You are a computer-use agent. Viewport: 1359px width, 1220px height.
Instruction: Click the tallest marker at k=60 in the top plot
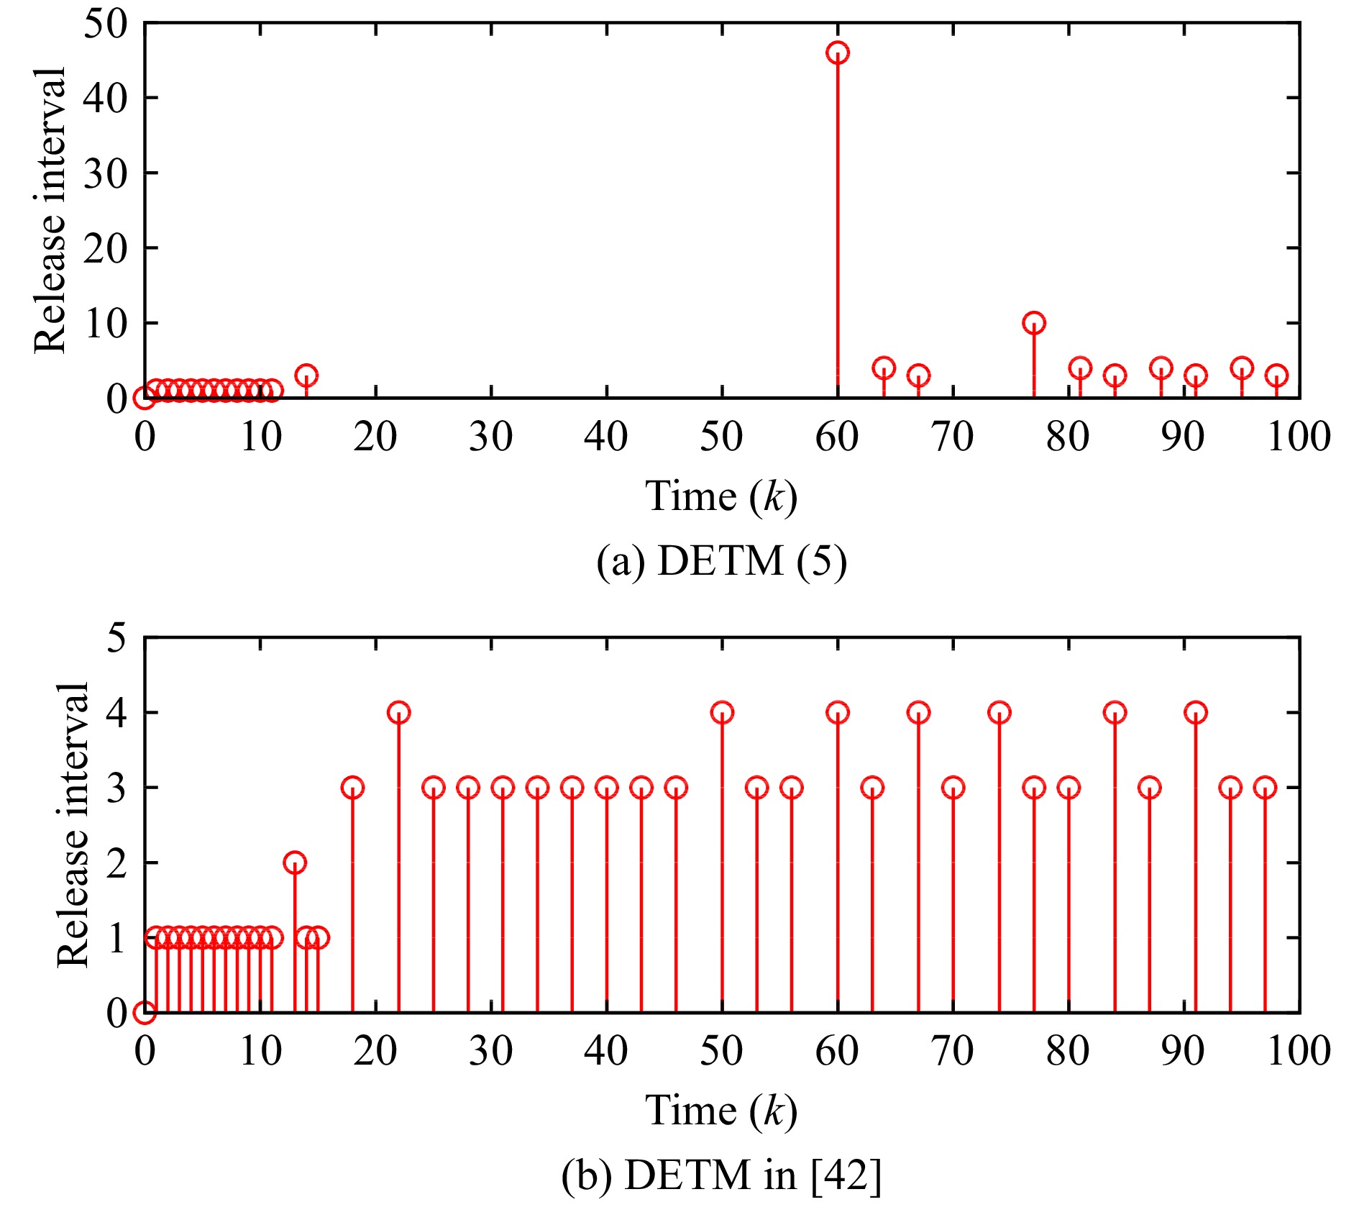(x=838, y=53)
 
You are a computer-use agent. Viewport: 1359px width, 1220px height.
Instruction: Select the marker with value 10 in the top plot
(x=1034, y=323)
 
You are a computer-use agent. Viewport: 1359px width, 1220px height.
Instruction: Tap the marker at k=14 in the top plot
(x=306, y=375)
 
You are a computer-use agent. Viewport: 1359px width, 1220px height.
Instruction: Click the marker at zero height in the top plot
(x=145, y=398)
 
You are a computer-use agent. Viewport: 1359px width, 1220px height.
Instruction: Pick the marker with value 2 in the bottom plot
(x=295, y=862)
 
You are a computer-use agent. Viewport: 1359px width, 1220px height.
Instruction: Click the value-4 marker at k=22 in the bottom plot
(x=398, y=713)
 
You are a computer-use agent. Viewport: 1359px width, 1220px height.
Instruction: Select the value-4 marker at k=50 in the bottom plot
(x=722, y=713)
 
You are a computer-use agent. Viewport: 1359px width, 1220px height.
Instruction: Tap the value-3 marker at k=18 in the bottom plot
(x=352, y=788)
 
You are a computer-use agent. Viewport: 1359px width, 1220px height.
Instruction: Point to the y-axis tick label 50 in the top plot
(x=105, y=24)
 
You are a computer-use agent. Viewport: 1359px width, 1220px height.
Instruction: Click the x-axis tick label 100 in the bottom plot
(x=1299, y=1051)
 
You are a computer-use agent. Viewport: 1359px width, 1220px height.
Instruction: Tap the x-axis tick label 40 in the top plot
(x=606, y=437)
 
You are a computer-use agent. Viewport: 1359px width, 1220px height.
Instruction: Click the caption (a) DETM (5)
(x=721, y=561)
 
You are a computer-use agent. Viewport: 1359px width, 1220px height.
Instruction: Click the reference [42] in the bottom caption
(x=846, y=1175)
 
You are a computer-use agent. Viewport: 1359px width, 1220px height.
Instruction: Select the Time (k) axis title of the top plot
(x=721, y=496)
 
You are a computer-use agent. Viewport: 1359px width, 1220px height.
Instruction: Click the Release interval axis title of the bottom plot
(x=72, y=825)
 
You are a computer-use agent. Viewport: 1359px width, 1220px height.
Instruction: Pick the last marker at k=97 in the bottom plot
(x=1265, y=788)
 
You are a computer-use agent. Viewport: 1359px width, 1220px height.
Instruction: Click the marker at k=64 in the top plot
(x=884, y=368)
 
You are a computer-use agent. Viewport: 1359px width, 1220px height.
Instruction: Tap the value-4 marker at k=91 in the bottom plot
(x=1195, y=713)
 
